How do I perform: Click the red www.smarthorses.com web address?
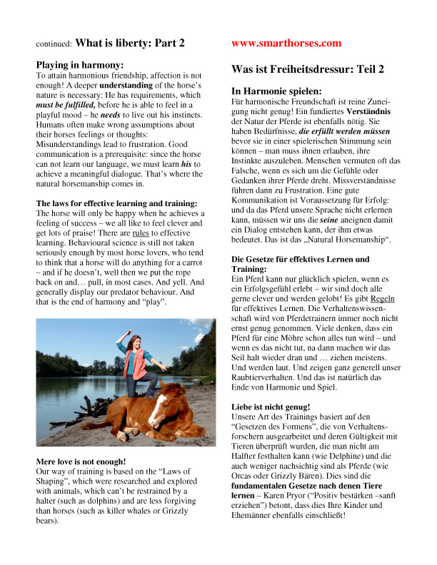tap(286, 44)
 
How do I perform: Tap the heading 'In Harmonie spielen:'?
tap(276, 91)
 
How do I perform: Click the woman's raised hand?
tap(129, 332)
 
